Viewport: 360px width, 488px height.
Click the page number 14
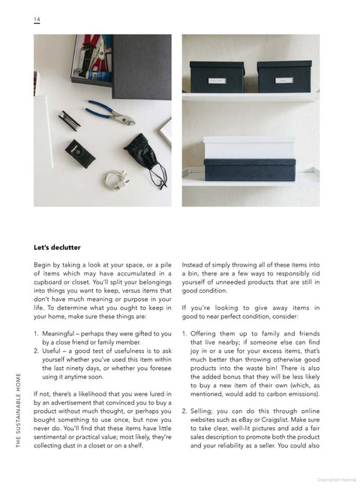pos(37,20)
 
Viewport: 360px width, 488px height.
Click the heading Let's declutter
pos(57,248)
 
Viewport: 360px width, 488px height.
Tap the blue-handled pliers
pos(110,113)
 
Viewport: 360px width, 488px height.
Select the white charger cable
pos(116,179)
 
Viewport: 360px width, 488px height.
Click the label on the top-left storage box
pos(217,81)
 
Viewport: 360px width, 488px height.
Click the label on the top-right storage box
pos(283,80)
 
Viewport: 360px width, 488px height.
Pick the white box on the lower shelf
pos(249,147)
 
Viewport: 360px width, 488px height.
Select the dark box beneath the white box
pos(250,170)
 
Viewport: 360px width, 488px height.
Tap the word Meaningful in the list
pos(58,333)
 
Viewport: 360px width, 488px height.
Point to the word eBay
pos(245,420)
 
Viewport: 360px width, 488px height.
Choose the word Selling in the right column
pos(202,411)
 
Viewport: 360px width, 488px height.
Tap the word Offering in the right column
pos(203,333)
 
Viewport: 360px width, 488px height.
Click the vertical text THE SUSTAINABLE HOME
pos(18,410)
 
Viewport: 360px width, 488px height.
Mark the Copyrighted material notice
pos(337,480)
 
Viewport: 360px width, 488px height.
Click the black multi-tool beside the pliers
pos(69,121)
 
